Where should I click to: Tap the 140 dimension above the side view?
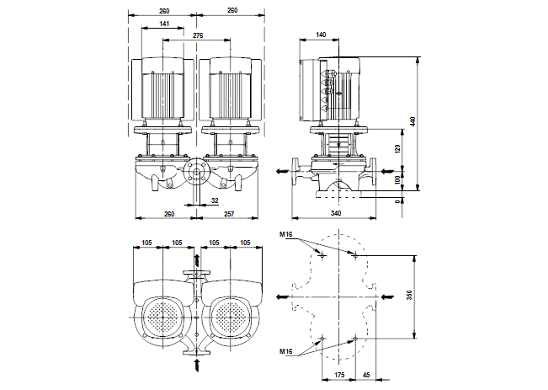[x=321, y=35]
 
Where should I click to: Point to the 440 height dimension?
[x=412, y=121]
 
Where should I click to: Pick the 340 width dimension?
[x=336, y=215]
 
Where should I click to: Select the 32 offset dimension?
[x=214, y=201]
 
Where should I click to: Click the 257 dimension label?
[x=228, y=215]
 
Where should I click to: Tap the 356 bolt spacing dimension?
[x=412, y=296]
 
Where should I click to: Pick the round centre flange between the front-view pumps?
[x=196, y=175]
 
